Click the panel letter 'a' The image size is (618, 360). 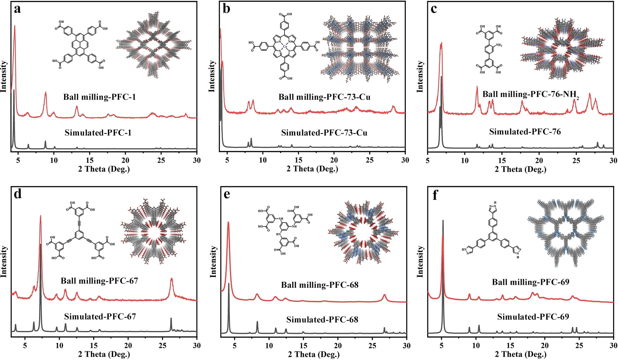(17, 9)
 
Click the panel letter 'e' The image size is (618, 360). (226, 194)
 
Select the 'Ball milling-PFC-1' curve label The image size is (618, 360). (99, 97)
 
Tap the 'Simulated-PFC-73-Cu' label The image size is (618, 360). (324, 133)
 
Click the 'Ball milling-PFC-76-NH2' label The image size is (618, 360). (530, 95)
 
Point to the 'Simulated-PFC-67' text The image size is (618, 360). (100, 317)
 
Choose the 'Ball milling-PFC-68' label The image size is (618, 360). (320, 285)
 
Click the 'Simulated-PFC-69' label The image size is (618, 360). (533, 317)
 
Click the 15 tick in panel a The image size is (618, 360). (90, 160)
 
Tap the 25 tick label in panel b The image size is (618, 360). (369, 160)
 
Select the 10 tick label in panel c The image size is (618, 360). (465, 160)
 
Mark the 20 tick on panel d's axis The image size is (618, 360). (128, 346)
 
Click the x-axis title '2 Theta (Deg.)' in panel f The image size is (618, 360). (521, 354)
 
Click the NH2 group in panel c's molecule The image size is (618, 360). (498, 45)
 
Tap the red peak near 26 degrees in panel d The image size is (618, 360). (171, 280)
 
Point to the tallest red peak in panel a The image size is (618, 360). (15, 27)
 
